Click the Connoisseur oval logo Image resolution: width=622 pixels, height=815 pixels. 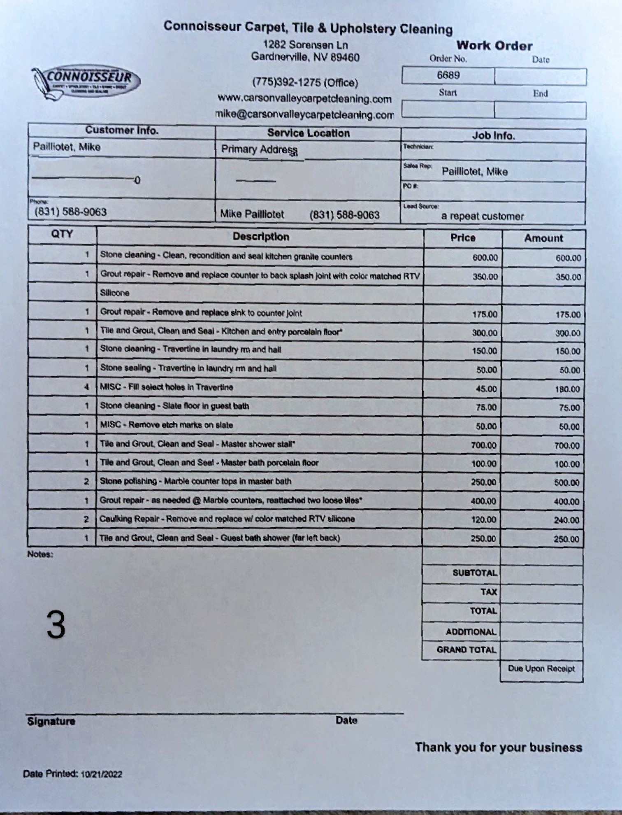coord(86,80)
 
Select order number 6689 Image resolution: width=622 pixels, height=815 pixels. coord(448,75)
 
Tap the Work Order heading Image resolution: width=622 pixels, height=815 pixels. coord(494,46)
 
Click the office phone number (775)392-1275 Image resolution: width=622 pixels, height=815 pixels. coord(305,82)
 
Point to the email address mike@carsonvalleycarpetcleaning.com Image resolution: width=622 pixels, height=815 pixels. coord(304,114)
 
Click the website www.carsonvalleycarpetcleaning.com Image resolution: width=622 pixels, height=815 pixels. coord(304,99)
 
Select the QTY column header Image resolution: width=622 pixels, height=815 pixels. coord(62,234)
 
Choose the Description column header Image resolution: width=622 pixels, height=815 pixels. coord(261,237)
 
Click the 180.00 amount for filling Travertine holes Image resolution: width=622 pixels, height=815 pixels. coord(567,389)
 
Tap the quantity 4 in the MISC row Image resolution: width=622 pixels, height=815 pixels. coord(86,387)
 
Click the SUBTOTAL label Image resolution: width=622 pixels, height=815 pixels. coord(475,573)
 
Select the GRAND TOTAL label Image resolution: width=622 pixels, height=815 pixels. coord(466,650)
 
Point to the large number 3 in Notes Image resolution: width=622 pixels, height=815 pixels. coord(56,624)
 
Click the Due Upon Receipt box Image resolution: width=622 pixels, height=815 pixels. coord(541,668)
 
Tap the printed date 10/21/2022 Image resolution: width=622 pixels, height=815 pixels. coord(101,774)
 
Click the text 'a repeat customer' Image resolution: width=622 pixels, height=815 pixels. coord(482,217)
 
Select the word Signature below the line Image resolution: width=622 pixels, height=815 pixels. coord(51,721)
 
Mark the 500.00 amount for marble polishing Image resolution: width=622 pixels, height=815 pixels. coord(566,483)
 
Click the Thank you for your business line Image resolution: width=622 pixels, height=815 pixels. coord(498,747)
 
